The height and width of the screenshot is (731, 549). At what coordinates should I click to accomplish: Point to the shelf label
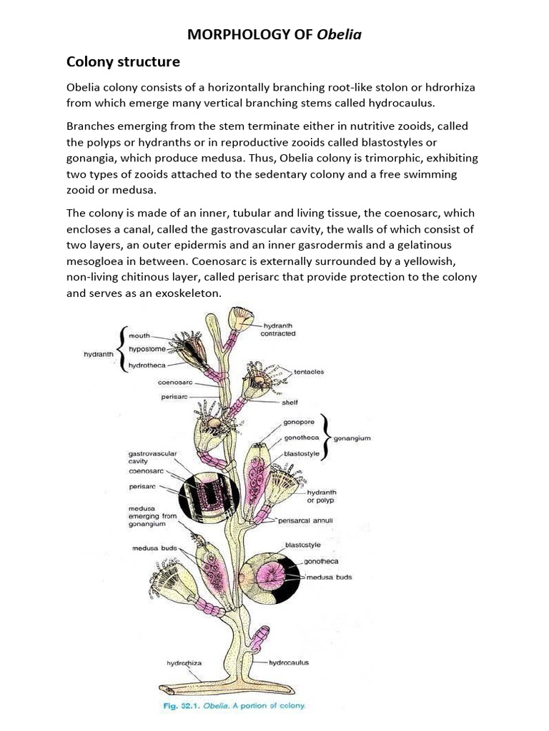[290, 402]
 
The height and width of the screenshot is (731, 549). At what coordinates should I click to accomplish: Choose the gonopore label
[300, 423]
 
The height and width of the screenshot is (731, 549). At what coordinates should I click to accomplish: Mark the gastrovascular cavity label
[152, 457]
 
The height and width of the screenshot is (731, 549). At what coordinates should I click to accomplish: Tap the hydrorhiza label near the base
[184, 663]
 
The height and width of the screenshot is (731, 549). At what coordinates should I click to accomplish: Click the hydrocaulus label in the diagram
[289, 662]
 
